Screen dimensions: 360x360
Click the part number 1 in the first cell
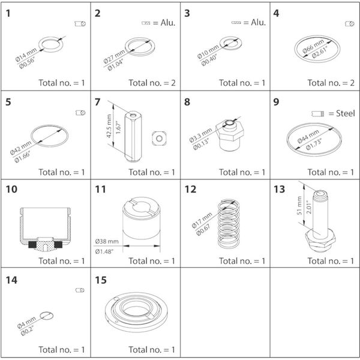click(x=8, y=13)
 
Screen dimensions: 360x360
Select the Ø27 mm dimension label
click(x=118, y=53)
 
